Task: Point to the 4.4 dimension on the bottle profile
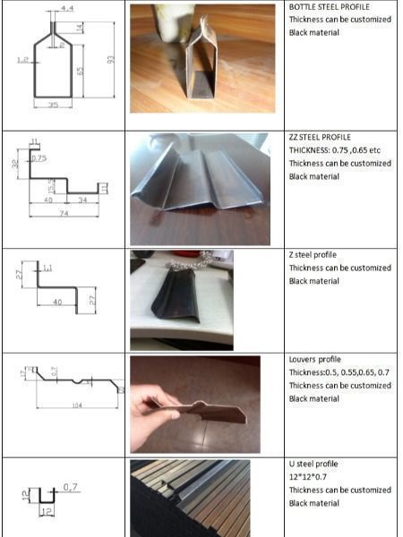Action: pyautogui.click(x=68, y=8)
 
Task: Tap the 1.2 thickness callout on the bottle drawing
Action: pyautogui.click(x=21, y=60)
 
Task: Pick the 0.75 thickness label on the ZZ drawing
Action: pyautogui.click(x=38, y=158)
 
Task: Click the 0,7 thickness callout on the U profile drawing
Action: pyautogui.click(x=71, y=487)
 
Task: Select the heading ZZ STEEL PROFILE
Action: pyautogui.click(x=320, y=137)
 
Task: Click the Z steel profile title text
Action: pyautogui.click(x=313, y=255)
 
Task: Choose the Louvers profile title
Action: pyautogui.click(x=315, y=360)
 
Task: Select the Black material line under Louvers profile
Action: pyautogui.click(x=313, y=398)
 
